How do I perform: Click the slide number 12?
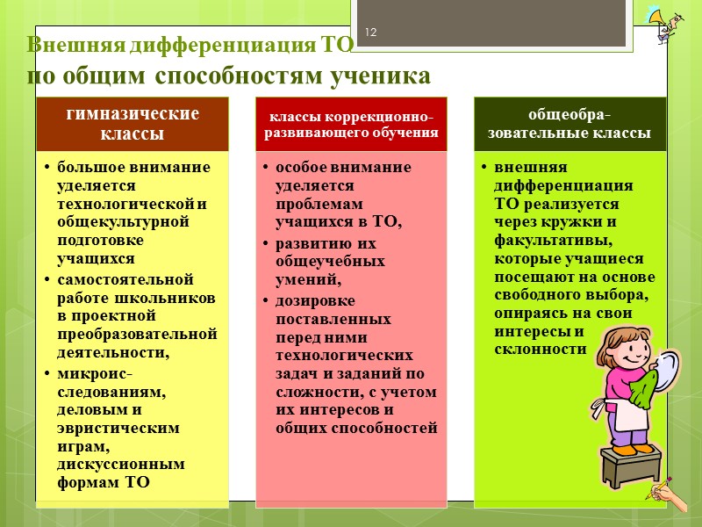[371, 32]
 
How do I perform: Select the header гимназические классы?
[133, 123]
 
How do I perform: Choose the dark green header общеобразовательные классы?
[570, 125]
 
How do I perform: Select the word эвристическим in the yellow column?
[118, 429]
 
